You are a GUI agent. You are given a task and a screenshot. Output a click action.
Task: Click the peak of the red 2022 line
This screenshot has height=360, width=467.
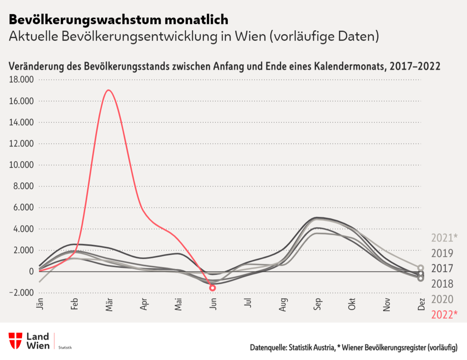coord(109,90)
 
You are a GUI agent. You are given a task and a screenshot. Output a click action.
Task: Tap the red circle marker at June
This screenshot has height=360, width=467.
coord(212,288)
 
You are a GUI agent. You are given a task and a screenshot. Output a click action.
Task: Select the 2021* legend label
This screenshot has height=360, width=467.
coord(444,238)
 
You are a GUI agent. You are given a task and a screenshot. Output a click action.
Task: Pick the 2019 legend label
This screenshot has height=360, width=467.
coord(442,253)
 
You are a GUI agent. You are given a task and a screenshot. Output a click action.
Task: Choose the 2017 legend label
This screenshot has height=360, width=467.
coord(442,268)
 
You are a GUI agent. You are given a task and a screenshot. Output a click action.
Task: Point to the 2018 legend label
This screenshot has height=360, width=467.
coord(442,284)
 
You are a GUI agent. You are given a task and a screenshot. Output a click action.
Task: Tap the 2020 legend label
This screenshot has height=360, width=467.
coord(442,299)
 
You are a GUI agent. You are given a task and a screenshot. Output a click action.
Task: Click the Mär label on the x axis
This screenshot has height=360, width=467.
coord(110,305)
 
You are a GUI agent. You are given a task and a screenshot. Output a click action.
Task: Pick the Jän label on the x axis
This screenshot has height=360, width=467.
coord(40,304)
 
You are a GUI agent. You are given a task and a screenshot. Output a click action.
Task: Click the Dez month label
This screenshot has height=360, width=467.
coord(421,304)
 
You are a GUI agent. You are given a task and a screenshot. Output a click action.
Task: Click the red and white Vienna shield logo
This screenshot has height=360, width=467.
coord(16,340)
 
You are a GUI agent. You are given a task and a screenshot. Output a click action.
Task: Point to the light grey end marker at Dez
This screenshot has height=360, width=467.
coord(421,268)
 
